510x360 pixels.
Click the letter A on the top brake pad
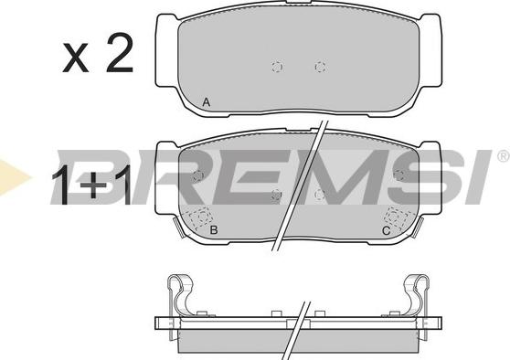tap(207, 102)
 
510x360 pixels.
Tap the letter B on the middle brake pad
tap(214, 230)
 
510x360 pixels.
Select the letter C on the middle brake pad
tap(386, 231)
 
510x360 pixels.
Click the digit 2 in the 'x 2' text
tap(120, 54)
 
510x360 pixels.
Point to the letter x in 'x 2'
tap(76, 58)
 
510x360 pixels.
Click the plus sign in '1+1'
tap(93, 185)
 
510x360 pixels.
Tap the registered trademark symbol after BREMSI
tap(504, 156)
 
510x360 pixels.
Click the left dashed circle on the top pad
tap(277, 67)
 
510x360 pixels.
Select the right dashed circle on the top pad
tap(321, 67)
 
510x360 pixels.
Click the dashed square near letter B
tap(200, 217)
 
